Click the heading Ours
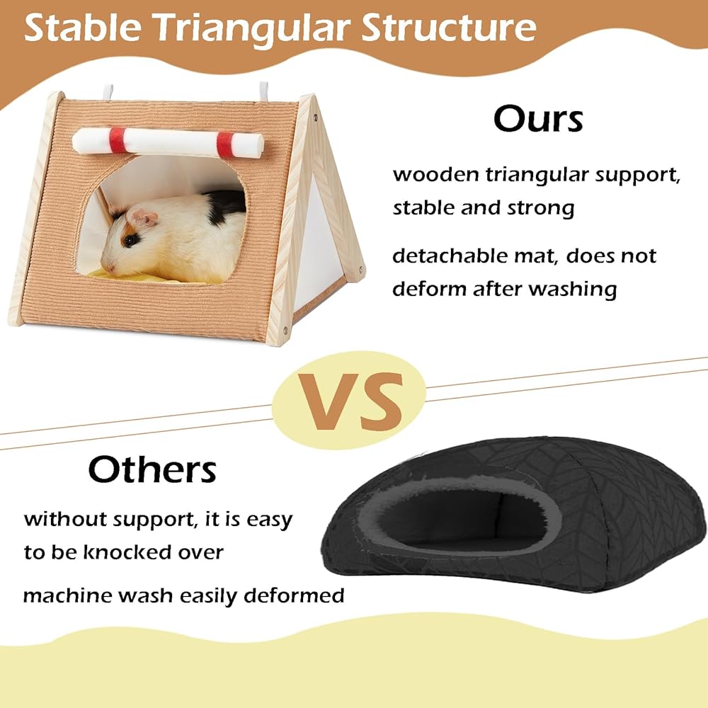(538, 119)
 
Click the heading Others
(152, 469)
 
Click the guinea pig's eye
(131, 240)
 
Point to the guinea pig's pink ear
(144, 218)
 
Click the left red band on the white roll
(118, 140)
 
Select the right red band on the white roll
(225, 145)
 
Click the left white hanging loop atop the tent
(108, 92)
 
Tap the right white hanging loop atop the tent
(263, 91)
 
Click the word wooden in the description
(435, 175)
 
